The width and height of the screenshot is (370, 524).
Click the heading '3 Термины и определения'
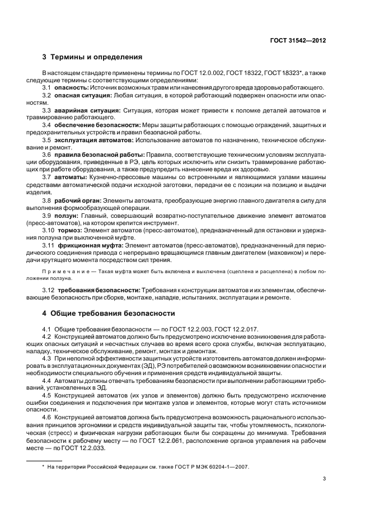coord(92,57)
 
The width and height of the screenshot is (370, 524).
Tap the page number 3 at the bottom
coord(326,478)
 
